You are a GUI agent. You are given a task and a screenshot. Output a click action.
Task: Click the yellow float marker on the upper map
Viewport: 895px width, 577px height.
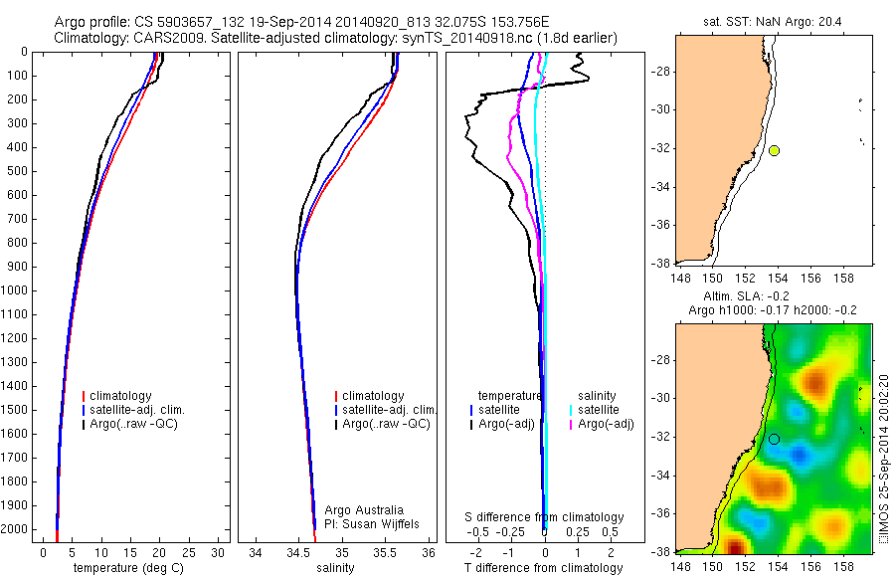click(774, 150)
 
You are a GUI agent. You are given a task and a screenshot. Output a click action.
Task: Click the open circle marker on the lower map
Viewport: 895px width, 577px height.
click(774, 439)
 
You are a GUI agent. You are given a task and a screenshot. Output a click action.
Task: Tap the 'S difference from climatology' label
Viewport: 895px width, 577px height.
click(544, 517)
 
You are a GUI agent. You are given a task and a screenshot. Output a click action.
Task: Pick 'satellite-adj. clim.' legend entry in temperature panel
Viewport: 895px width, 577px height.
click(136, 410)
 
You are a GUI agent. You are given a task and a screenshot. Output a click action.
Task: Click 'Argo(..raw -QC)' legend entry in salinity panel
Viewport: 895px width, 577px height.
click(385, 424)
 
